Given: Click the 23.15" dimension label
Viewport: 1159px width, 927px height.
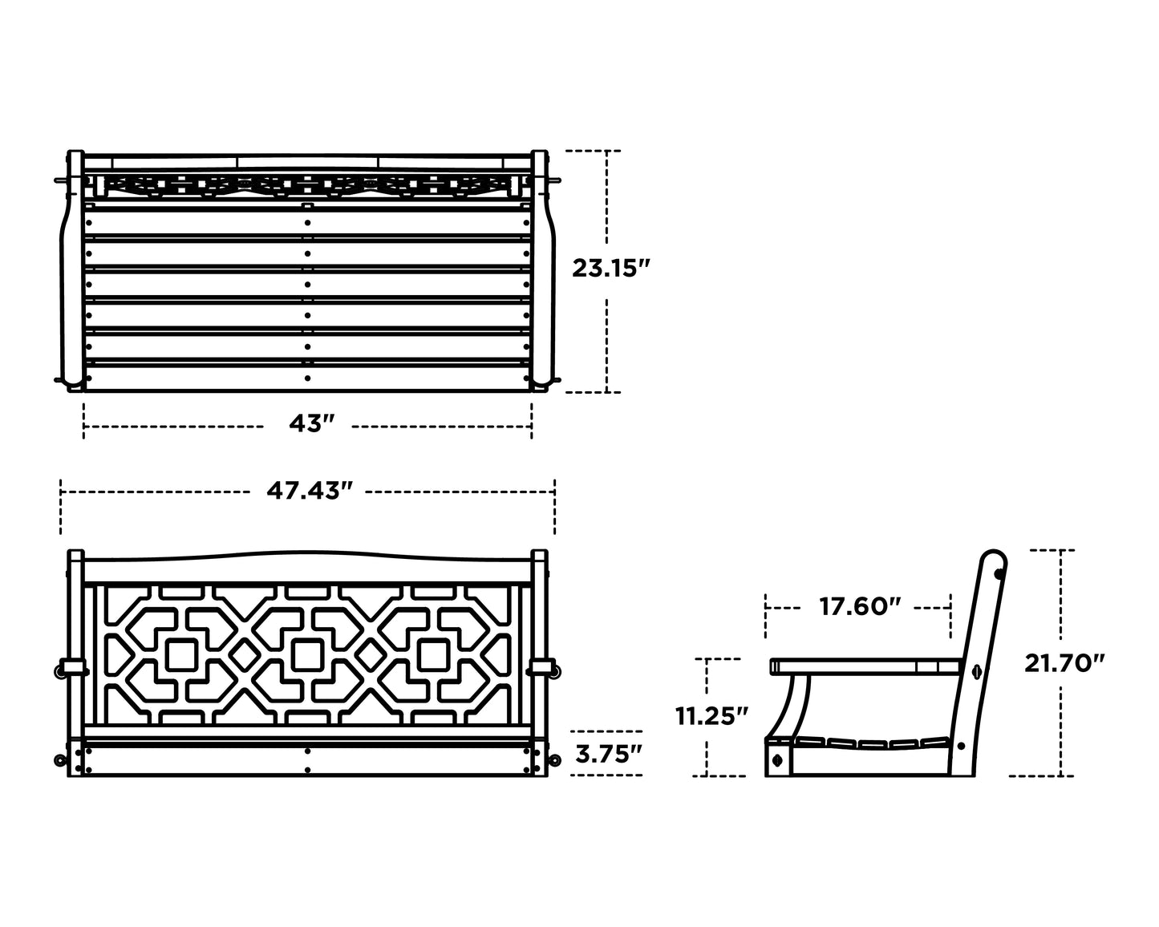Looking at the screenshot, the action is pyautogui.click(x=611, y=269).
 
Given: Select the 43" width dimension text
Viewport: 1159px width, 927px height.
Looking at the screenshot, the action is pyautogui.click(x=312, y=423).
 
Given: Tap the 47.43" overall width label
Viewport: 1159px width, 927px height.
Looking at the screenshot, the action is pyautogui.click(x=309, y=490).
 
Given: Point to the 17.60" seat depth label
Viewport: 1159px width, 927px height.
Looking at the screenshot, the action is pyautogui.click(x=861, y=606).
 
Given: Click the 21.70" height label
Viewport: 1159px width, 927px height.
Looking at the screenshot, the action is pyautogui.click(x=1064, y=663).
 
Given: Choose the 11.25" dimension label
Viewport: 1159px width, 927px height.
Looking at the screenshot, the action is pyautogui.click(x=712, y=716).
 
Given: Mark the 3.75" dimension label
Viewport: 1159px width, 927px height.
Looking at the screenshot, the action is pyautogui.click(x=609, y=754).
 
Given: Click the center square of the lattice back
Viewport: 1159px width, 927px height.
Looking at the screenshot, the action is pyautogui.click(x=308, y=655).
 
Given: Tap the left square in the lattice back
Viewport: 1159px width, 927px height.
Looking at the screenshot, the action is pyautogui.click(x=182, y=655).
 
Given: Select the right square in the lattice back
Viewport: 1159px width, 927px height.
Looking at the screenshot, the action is pyautogui.click(x=434, y=655).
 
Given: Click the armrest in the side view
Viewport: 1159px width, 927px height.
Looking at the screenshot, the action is pyautogui.click(x=865, y=666).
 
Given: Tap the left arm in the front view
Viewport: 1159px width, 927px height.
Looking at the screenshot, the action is pyautogui.click(x=75, y=669).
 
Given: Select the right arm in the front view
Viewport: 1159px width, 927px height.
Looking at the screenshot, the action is pyautogui.click(x=540, y=669).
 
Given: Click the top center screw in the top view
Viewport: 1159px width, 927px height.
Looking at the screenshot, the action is pyautogui.click(x=307, y=222).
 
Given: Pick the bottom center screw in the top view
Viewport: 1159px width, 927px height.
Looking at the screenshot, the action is pyautogui.click(x=307, y=378).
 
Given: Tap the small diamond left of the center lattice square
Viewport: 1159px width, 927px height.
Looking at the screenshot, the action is pyautogui.click(x=245, y=655).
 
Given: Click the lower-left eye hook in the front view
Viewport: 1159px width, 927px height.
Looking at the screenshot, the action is pyautogui.click(x=60, y=760).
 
